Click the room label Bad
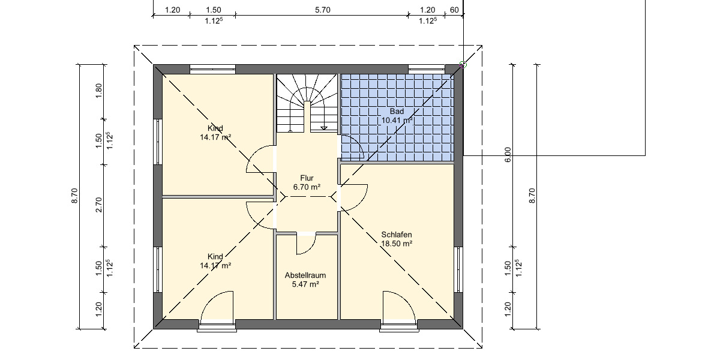397,112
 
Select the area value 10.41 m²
397,120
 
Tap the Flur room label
307,178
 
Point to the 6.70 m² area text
307,187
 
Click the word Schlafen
397,235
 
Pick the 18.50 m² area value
397,244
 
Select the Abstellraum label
305,275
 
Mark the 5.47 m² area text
305,284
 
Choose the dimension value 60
454,10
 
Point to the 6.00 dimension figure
508,155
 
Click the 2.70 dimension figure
100,205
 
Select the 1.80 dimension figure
100,90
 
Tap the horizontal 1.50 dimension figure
213,10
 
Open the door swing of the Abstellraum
306,244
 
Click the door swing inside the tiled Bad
352,146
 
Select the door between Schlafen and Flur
354,197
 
